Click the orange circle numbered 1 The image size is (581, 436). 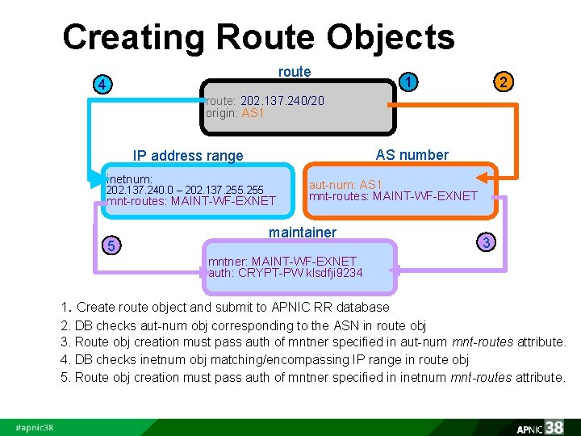tap(411, 82)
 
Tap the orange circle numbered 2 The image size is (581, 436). tap(503, 82)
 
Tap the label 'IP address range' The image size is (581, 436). tap(188, 156)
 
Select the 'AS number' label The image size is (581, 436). tap(412, 154)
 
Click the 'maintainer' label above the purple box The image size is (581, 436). tap(303, 233)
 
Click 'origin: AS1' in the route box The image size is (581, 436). tap(235, 113)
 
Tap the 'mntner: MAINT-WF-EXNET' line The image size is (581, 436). tap(282, 261)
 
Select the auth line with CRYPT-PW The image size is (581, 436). tap(286, 273)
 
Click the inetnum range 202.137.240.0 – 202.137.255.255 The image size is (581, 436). tap(184, 190)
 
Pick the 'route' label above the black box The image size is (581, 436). tap(295, 72)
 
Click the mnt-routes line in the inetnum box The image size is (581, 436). tap(190, 201)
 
